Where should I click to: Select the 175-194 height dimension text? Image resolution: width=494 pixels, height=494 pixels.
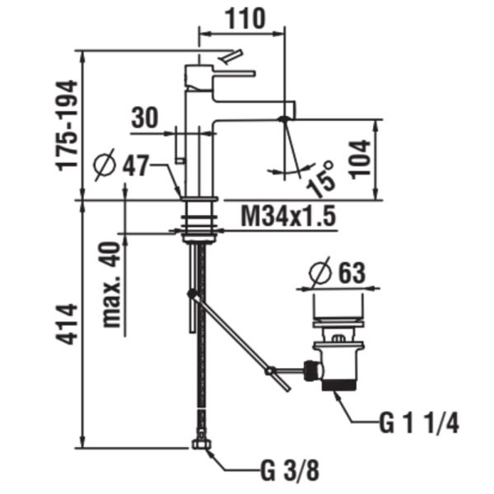(67, 125)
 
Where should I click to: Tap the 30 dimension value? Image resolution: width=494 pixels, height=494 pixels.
(145, 118)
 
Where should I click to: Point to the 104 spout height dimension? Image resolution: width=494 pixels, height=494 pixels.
(361, 160)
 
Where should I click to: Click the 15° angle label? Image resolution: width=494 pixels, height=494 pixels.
(322, 179)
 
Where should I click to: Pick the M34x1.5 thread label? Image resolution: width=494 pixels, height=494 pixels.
(288, 216)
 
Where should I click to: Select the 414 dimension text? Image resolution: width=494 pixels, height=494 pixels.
(67, 324)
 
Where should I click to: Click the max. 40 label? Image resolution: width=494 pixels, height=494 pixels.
(112, 285)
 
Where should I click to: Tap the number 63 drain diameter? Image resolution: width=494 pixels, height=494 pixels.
(352, 273)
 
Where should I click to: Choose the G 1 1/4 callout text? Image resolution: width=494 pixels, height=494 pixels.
(419, 423)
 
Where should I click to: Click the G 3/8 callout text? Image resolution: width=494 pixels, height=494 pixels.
(290, 471)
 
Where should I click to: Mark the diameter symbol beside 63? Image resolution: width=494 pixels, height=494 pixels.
(320, 272)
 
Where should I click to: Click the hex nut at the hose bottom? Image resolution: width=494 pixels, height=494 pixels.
(202, 444)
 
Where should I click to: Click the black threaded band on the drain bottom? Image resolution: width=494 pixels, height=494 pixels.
(339, 385)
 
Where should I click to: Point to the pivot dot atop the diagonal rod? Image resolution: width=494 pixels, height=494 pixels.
(192, 294)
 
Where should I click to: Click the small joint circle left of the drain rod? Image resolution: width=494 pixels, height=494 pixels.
(270, 370)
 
